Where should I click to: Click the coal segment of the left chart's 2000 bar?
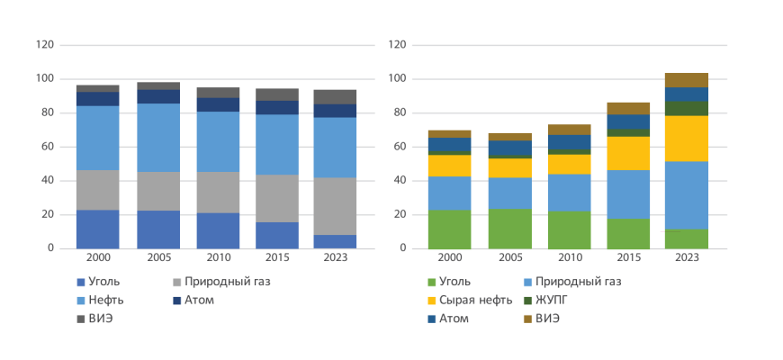pyautogui.click(x=98, y=229)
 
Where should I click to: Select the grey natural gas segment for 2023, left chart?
pyautogui.click(x=335, y=206)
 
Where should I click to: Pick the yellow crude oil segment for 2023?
pyautogui.click(x=687, y=139)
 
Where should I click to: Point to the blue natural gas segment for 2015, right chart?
pyautogui.click(x=627, y=194)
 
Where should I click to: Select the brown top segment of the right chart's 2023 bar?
pyautogui.click(x=687, y=80)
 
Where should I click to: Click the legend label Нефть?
pyautogui.click(x=107, y=300)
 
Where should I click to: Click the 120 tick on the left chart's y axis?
pyautogui.click(x=45, y=45)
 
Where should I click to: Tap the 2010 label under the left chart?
pyautogui.click(x=217, y=257)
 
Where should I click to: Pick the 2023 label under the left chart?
pyautogui.click(x=335, y=257)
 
